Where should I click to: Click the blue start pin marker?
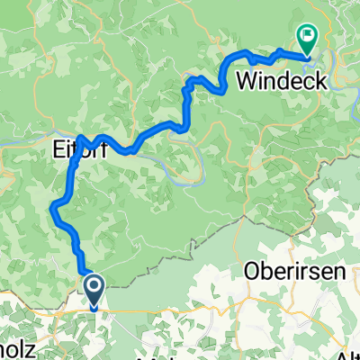click(94, 290)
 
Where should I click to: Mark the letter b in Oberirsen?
click(262, 272)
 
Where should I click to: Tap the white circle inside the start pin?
click(94, 286)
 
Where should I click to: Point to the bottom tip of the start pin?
click(94, 304)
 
